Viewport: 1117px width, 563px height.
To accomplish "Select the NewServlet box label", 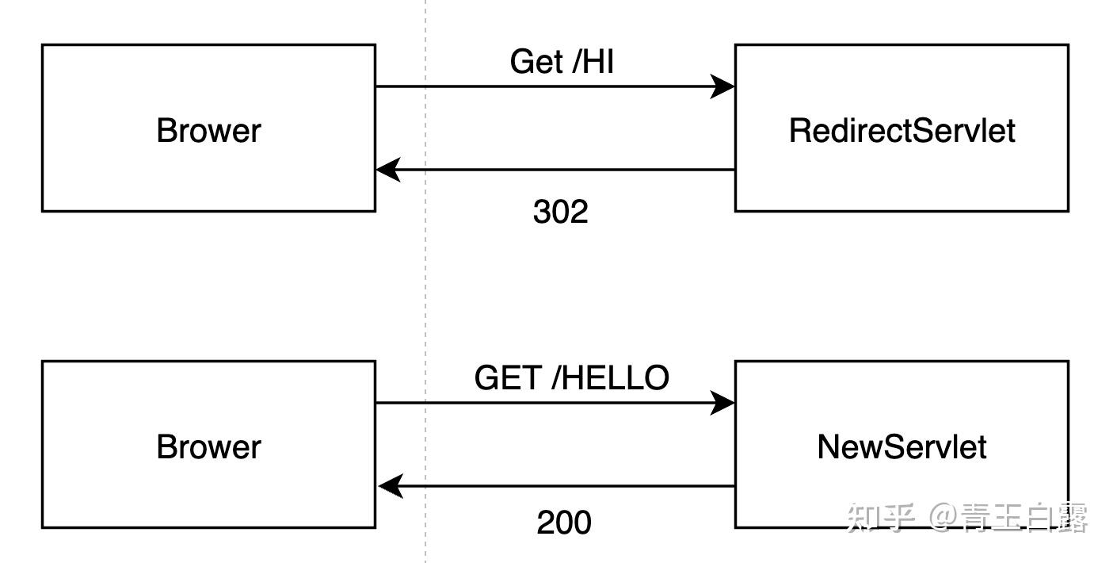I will [902, 447].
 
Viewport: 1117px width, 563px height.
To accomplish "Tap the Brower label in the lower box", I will [208, 447].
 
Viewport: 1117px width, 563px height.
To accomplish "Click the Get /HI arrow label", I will [562, 62].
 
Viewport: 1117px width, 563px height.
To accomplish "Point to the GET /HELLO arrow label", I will [571, 378].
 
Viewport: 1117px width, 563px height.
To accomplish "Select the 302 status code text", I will [561, 212].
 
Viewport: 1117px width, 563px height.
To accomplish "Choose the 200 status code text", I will [564, 523].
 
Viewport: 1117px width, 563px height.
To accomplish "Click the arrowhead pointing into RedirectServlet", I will [722, 86].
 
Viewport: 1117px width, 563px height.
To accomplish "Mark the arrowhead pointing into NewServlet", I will [722, 403].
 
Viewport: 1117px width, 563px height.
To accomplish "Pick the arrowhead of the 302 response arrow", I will [388, 170].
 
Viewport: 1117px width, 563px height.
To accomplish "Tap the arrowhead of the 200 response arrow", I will [391, 486].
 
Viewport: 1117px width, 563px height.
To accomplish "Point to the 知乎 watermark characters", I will [880, 518].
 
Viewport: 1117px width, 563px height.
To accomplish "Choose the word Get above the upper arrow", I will [536, 62].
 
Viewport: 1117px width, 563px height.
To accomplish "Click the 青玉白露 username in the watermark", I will [1024, 518].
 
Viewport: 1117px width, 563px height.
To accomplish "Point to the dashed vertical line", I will [425, 278].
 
